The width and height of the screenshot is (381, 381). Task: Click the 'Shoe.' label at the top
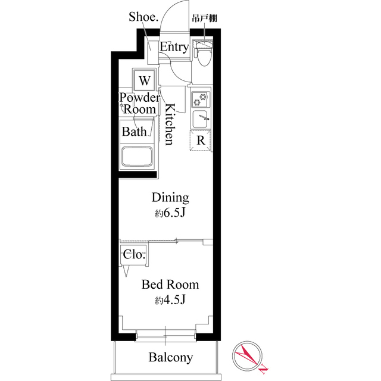tap(143, 16)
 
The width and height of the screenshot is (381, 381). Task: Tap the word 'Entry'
tap(174, 46)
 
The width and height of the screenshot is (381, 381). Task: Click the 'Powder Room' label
tap(140, 103)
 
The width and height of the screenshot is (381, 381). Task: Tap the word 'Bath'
tap(134, 132)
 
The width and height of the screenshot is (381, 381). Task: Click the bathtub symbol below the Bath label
tap(138, 158)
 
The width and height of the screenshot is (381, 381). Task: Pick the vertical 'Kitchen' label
tap(169, 124)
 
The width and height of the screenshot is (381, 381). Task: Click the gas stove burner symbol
tap(201, 98)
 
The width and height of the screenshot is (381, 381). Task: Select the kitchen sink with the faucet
tap(201, 119)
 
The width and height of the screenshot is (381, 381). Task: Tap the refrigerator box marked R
tap(201, 141)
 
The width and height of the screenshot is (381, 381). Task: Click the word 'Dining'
tap(170, 197)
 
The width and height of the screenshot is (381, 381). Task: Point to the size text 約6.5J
tap(170, 213)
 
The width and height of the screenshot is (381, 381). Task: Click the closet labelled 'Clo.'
tap(134, 255)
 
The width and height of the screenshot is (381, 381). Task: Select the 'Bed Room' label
tap(170, 285)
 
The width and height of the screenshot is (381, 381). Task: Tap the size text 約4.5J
tap(170, 301)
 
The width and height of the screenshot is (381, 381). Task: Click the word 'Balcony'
tap(171, 357)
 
